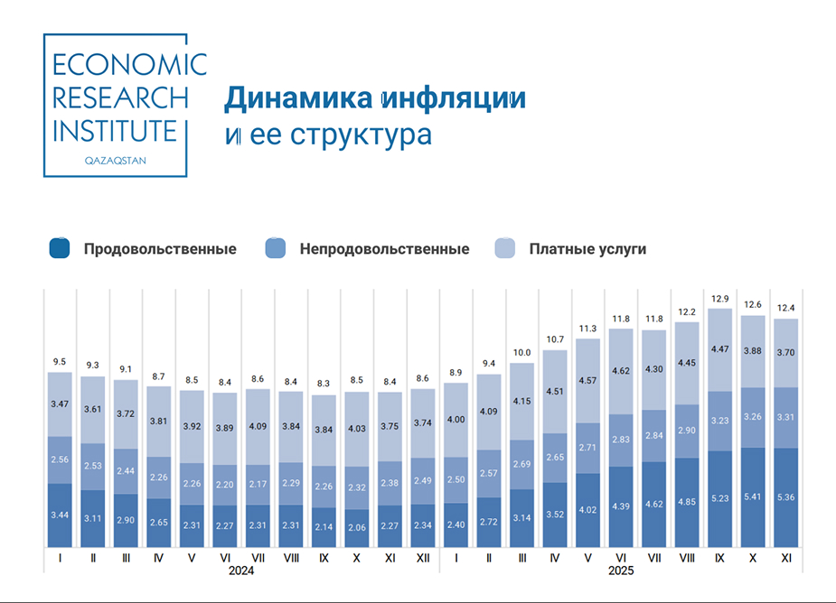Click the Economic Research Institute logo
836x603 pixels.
[x=115, y=105]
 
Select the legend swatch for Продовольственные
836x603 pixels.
[x=60, y=249]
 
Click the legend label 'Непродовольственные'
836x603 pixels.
[x=384, y=249]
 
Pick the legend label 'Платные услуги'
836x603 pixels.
[x=587, y=249]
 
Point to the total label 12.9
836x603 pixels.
[x=720, y=299]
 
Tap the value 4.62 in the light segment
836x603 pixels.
[x=621, y=371]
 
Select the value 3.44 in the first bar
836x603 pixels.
[x=60, y=515]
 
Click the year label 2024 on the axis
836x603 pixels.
[x=241, y=571]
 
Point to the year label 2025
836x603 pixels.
[x=621, y=571]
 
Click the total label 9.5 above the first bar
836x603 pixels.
[x=60, y=362]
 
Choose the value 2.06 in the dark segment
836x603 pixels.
[x=357, y=526]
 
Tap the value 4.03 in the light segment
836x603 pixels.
[x=357, y=429]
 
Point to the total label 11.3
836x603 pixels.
[x=587, y=329]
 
